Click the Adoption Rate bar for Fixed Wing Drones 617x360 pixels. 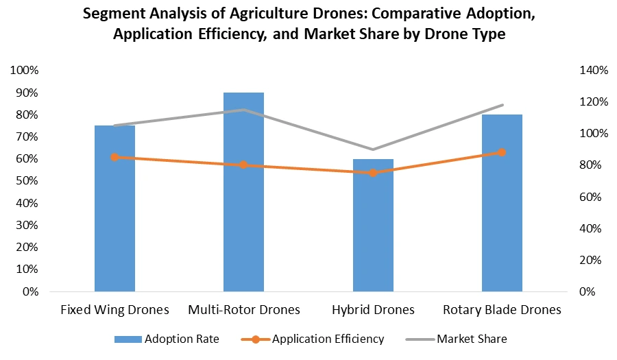point(114,208)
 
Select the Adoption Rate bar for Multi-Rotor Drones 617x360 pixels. point(243,192)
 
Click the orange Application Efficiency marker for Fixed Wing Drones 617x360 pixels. point(114,157)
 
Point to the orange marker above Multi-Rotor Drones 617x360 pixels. point(243,165)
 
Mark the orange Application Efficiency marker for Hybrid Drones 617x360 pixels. point(373,173)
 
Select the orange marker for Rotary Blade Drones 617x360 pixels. point(502,152)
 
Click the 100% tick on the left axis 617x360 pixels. point(25,71)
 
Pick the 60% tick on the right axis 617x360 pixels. point(590,197)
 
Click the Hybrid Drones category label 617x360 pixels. point(373,310)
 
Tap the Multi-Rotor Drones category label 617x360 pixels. point(243,310)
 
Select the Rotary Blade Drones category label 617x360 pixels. point(502,310)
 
